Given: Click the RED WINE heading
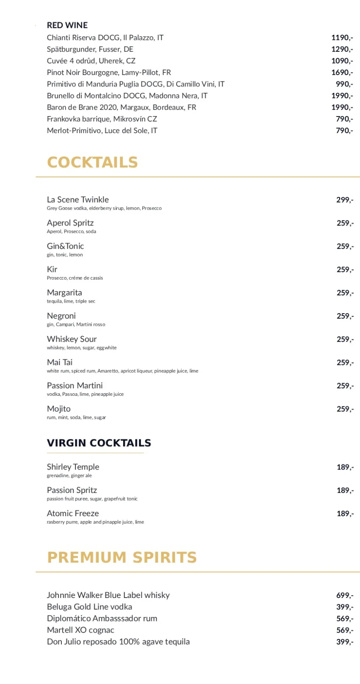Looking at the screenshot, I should click(67, 25).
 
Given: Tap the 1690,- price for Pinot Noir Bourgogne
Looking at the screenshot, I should click(342, 72).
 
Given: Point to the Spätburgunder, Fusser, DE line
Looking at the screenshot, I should click(90, 49).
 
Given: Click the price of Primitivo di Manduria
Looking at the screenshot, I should click(344, 84).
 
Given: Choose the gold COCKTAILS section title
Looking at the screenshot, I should click(92, 162).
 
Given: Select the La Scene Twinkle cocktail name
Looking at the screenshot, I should click(78, 200).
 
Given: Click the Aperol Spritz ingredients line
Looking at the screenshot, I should click(71, 231).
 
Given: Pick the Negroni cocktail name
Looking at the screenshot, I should click(61, 316).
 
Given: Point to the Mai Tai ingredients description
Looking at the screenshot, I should click(122, 371).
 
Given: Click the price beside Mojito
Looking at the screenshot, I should click(345, 409).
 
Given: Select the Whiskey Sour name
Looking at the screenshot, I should click(72, 339).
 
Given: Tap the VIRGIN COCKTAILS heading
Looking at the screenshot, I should click(99, 443).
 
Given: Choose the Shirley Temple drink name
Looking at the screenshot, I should click(73, 467).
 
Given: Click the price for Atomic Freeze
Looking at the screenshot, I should click(345, 514).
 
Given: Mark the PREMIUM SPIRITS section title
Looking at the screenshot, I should click(122, 557).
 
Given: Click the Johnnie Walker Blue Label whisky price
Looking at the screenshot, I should click(345, 595).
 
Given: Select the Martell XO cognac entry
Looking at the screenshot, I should click(80, 630).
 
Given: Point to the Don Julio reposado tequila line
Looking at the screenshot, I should click(118, 642).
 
